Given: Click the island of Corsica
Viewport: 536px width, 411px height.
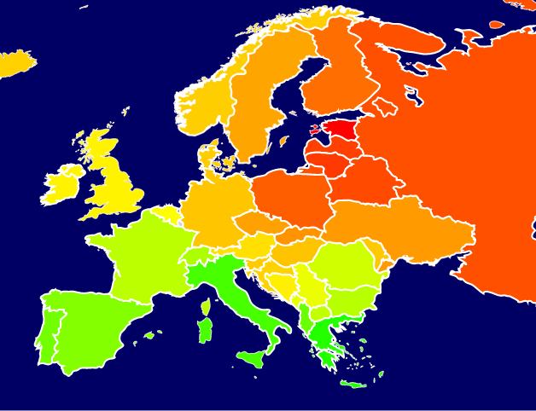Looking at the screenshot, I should coord(206,306).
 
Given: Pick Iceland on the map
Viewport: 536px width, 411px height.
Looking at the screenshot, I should coord(15,63).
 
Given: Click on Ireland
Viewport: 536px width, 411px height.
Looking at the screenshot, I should coord(61,187).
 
